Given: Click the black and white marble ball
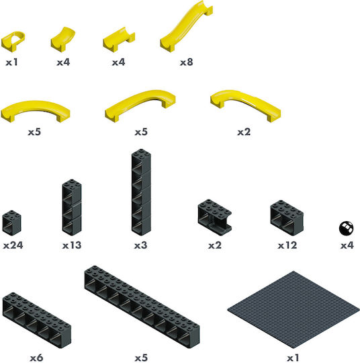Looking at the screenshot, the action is (x=346, y=228).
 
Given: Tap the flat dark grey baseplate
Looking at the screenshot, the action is (x=294, y=309).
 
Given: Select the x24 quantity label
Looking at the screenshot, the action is (x=13, y=245).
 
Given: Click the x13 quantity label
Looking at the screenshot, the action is (x=72, y=245).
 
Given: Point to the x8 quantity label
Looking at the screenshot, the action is (x=187, y=62).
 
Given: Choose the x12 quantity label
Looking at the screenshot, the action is (x=287, y=245).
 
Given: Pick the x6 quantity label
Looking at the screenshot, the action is (x=36, y=358).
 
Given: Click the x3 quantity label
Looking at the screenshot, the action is (x=140, y=245).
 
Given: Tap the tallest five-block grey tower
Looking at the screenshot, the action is (x=141, y=192).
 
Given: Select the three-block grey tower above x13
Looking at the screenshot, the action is (x=72, y=208).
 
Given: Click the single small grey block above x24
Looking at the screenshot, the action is (x=12, y=223).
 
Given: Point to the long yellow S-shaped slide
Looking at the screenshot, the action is (x=187, y=26).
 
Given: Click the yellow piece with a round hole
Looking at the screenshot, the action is (x=13, y=41).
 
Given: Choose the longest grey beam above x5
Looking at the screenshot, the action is (x=142, y=307).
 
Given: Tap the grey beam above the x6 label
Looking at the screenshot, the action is (x=37, y=321).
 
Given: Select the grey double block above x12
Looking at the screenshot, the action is (x=287, y=218).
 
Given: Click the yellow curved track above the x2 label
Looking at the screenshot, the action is (x=245, y=104).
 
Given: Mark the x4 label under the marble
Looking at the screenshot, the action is (x=347, y=245).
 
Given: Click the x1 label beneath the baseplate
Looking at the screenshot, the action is (x=293, y=358).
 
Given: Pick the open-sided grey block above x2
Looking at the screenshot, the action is (x=215, y=217).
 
